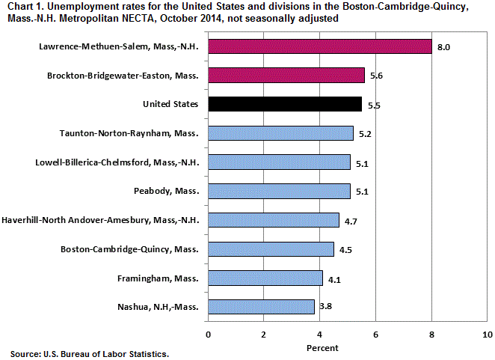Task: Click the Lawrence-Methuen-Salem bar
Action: coord(320,47)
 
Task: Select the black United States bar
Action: coord(285,104)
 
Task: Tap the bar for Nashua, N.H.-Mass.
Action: coord(261,306)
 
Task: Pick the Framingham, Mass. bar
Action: coord(265,278)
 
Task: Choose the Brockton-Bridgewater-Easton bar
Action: coord(286,76)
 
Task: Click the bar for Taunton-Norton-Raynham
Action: coord(280,134)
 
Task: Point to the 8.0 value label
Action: coord(443,47)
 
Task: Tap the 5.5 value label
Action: coord(374,106)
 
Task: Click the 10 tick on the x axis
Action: coord(488,334)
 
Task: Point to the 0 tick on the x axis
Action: coord(208,334)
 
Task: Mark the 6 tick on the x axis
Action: coord(376,334)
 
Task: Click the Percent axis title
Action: coord(322,348)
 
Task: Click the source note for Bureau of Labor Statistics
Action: coord(90,353)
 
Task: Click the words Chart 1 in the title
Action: coord(22,7)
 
